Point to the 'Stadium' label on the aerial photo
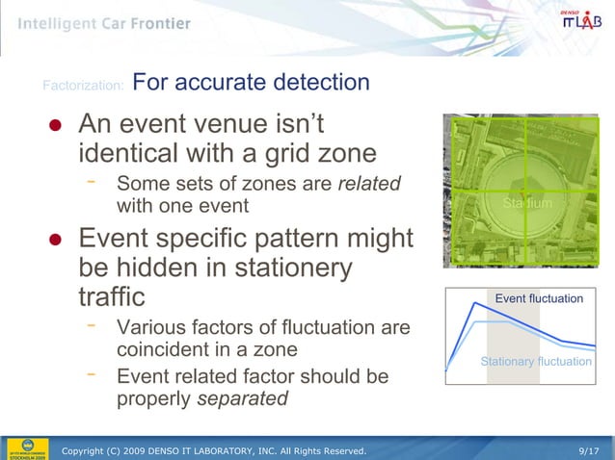[x=527, y=204]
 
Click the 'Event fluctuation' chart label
[x=539, y=298]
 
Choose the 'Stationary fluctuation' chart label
[x=536, y=361]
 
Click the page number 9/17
[x=589, y=449]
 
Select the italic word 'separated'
[x=242, y=398]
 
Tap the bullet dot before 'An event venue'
[x=56, y=128]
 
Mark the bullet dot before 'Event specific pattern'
[x=56, y=240]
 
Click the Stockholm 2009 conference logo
[x=26, y=447]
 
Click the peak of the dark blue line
[x=475, y=303]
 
